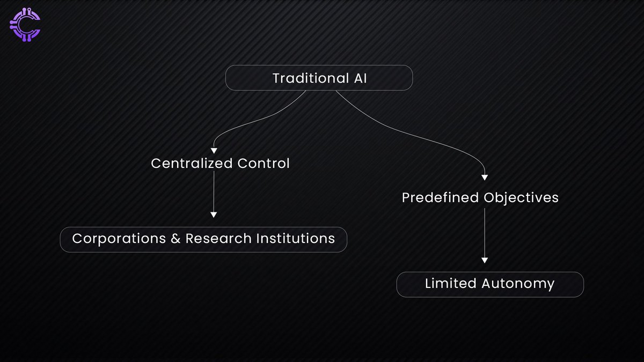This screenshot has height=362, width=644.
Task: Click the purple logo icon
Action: (x=25, y=25)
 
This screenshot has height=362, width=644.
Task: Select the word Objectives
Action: (x=521, y=198)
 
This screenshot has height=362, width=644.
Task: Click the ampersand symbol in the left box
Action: (x=176, y=239)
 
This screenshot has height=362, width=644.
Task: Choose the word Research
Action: (x=216, y=238)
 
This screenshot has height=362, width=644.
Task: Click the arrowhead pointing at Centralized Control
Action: (x=214, y=151)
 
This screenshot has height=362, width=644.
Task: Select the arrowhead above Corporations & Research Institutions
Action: (x=214, y=215)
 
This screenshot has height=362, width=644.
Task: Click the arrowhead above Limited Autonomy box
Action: (x=485, y=260)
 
